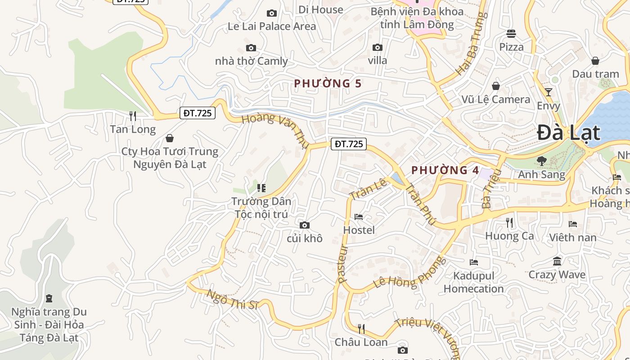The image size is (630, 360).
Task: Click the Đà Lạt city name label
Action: (568, 133)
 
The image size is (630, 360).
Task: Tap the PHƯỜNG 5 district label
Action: (328, 83)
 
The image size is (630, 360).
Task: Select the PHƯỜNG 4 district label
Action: (445, 170)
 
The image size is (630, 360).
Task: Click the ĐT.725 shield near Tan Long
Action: (197, 113)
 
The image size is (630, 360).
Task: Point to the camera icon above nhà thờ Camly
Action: (251, 48)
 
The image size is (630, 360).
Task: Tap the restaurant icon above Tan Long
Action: (133, 116)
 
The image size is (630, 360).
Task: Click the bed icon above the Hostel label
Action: (359, 217)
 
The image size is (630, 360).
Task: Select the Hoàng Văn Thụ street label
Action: (275, 130)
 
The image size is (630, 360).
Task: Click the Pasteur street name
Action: (343, 263)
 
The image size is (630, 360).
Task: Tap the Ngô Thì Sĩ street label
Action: (232, 299)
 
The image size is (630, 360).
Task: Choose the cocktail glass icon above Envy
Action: (549, 92)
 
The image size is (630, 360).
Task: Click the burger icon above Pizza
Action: (511, 33)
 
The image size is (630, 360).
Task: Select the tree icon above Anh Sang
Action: (542, 161)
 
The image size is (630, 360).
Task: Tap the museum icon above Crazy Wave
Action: (557, 261)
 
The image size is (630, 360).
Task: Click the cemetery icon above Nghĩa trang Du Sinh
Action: (49, 298)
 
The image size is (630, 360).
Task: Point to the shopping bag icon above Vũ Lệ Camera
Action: (496, 85)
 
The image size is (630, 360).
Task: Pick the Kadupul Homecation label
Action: (473, 282)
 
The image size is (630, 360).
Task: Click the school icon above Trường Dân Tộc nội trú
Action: (261, 188)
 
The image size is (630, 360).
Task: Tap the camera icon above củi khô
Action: (305, 225)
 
